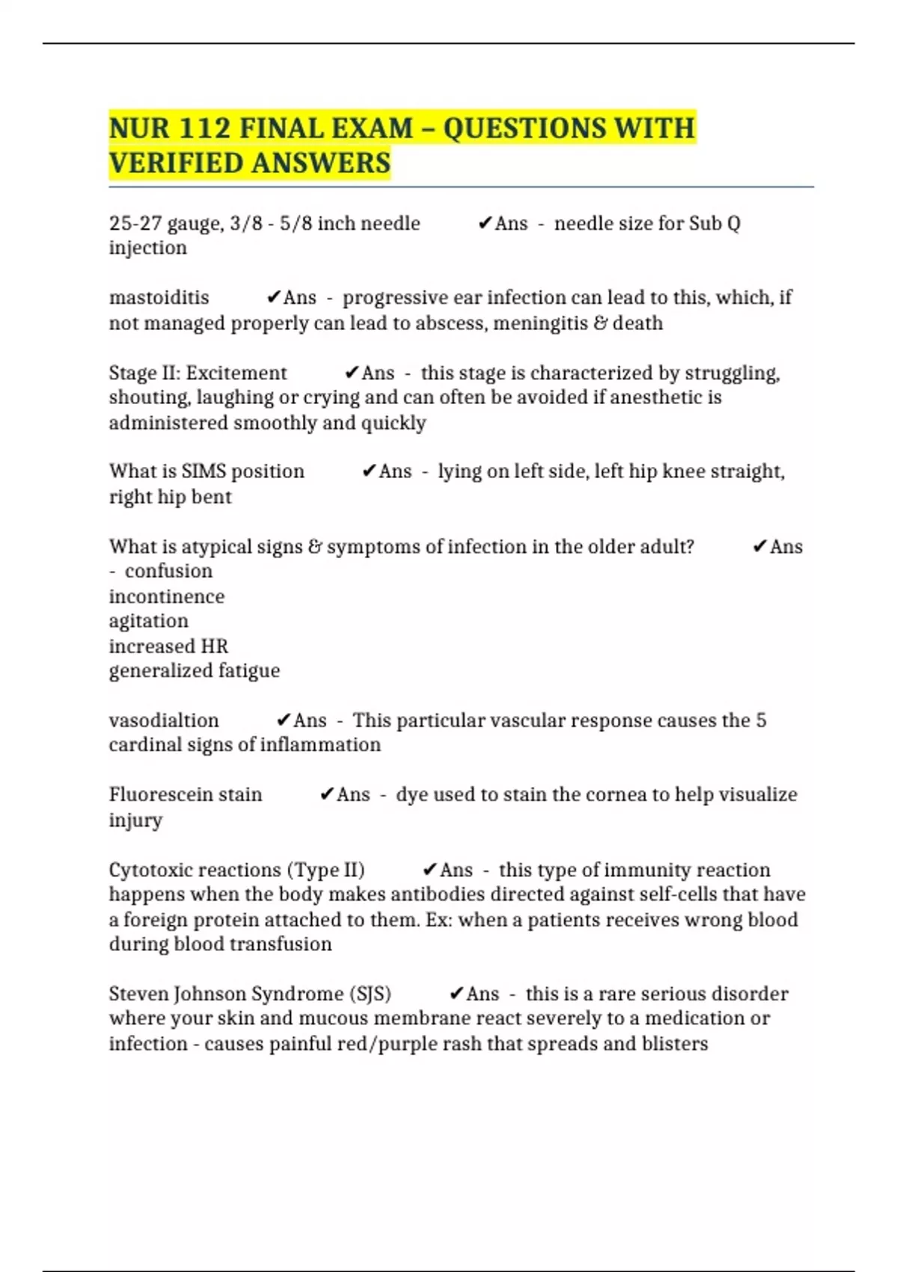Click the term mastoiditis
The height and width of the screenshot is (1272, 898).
tap(159, 298)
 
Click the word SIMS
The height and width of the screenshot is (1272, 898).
tap(204, 471)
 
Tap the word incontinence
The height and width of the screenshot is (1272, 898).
tap(166, 596)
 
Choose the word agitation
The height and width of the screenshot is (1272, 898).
tap(148, 621)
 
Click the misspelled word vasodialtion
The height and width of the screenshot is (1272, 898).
tap(164, 721)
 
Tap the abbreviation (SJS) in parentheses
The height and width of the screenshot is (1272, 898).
tap(370, 994)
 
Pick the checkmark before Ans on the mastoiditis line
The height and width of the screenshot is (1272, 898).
tap(273, 298)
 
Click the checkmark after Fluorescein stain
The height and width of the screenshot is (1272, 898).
tap(326, 795)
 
